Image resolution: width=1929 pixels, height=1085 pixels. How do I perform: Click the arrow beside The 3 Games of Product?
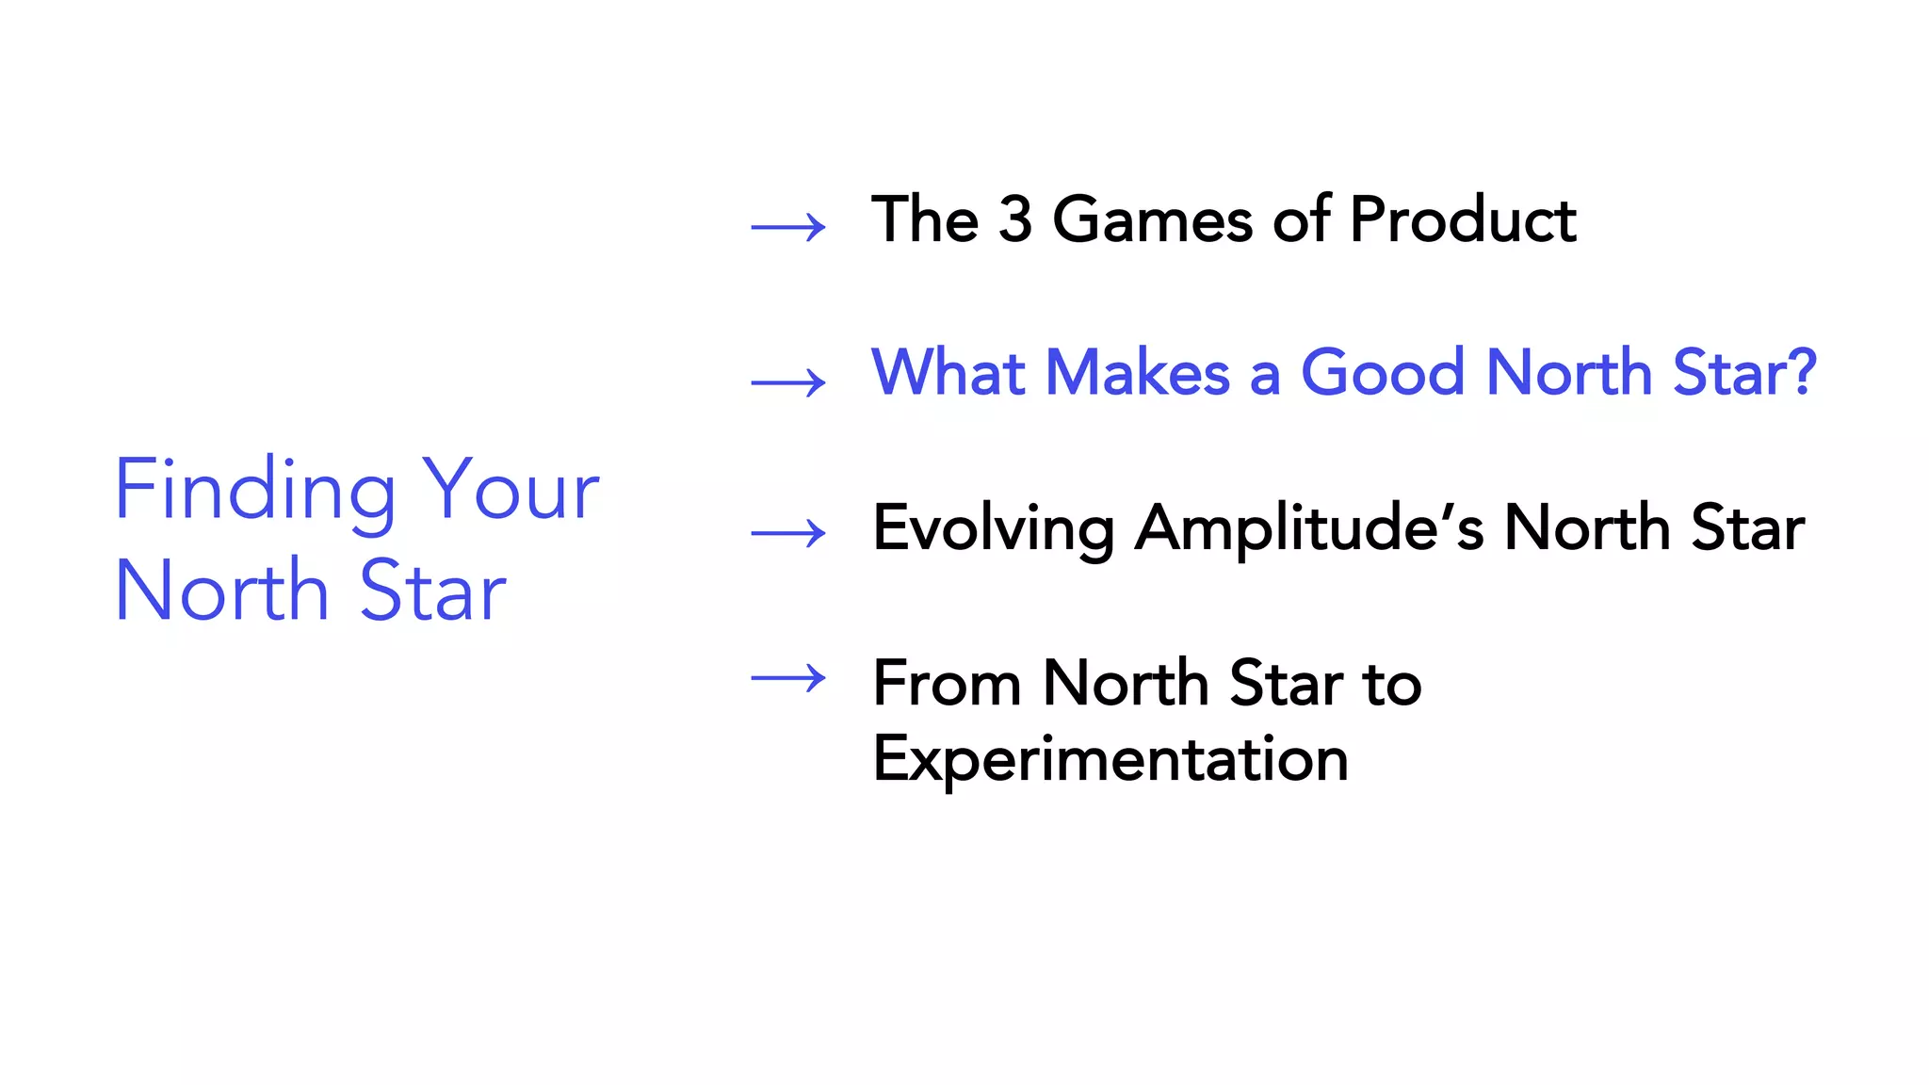coord(788,227)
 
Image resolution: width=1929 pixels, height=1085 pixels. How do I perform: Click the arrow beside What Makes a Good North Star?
coord(788,382)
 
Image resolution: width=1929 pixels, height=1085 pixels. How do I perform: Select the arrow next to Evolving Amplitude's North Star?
coord(788,533)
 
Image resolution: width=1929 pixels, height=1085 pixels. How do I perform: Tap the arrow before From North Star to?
coord(788,677)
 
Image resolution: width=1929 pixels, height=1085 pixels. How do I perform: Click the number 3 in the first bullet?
coord(1014,219)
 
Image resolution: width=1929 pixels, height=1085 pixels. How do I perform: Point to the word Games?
coord(1152,219)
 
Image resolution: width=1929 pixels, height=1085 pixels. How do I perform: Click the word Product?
coord(1462,219)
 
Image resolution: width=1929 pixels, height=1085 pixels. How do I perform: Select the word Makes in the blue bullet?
coord(1138,372)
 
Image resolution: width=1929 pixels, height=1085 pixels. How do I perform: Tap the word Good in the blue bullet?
coord(1382,372)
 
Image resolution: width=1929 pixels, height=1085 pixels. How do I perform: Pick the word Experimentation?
coord(1110,759)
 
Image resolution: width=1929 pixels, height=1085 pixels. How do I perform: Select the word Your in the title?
coord(510,491)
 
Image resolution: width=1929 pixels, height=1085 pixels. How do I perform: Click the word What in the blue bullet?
coord(948,372)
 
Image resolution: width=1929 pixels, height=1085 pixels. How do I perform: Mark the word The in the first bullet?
coord(924,219)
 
